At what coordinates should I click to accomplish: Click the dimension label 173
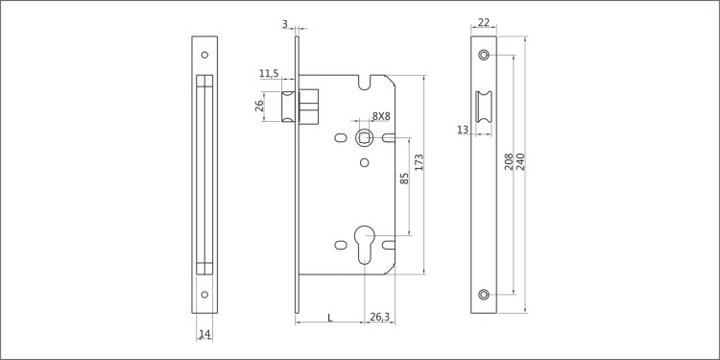(x=419, y=163)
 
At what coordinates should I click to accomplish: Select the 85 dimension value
(x=404, y=179)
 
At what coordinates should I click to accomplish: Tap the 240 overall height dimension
(x=520, y=161)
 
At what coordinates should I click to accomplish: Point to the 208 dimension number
(x=509, y=161)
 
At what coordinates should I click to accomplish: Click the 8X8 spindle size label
(x=381, y=116)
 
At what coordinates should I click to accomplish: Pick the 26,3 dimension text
(x=379, y=317)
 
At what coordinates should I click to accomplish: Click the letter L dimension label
(x=329, y=317)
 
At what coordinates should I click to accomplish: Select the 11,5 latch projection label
(x=269, y=74)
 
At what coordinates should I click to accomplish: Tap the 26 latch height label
(x=259, y=106)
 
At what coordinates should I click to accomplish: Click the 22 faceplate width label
(x=484, y=22)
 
